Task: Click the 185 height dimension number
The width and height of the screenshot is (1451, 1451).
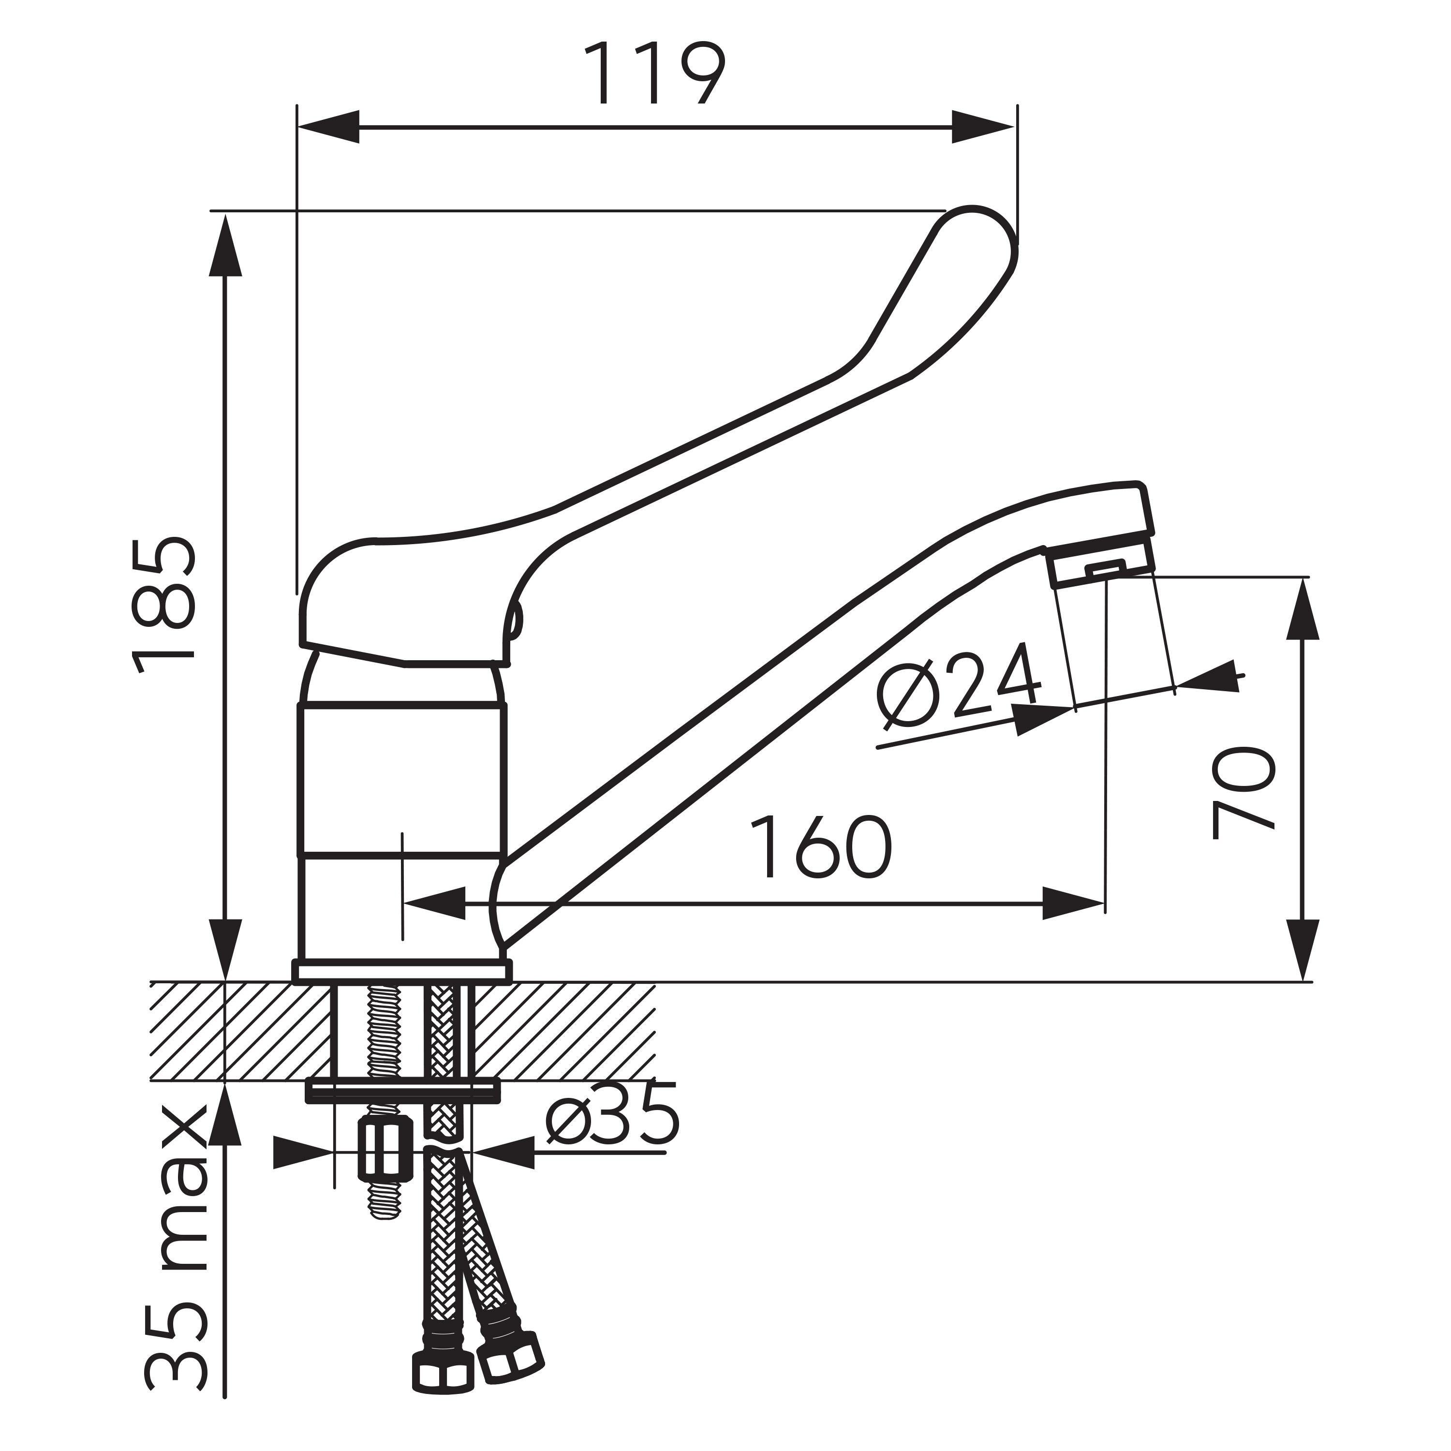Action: (x=164, y=606)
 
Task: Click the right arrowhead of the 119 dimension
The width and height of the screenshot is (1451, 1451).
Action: (x=983, y=126)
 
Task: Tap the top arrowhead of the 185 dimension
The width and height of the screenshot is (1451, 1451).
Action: (x=225, y=244)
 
